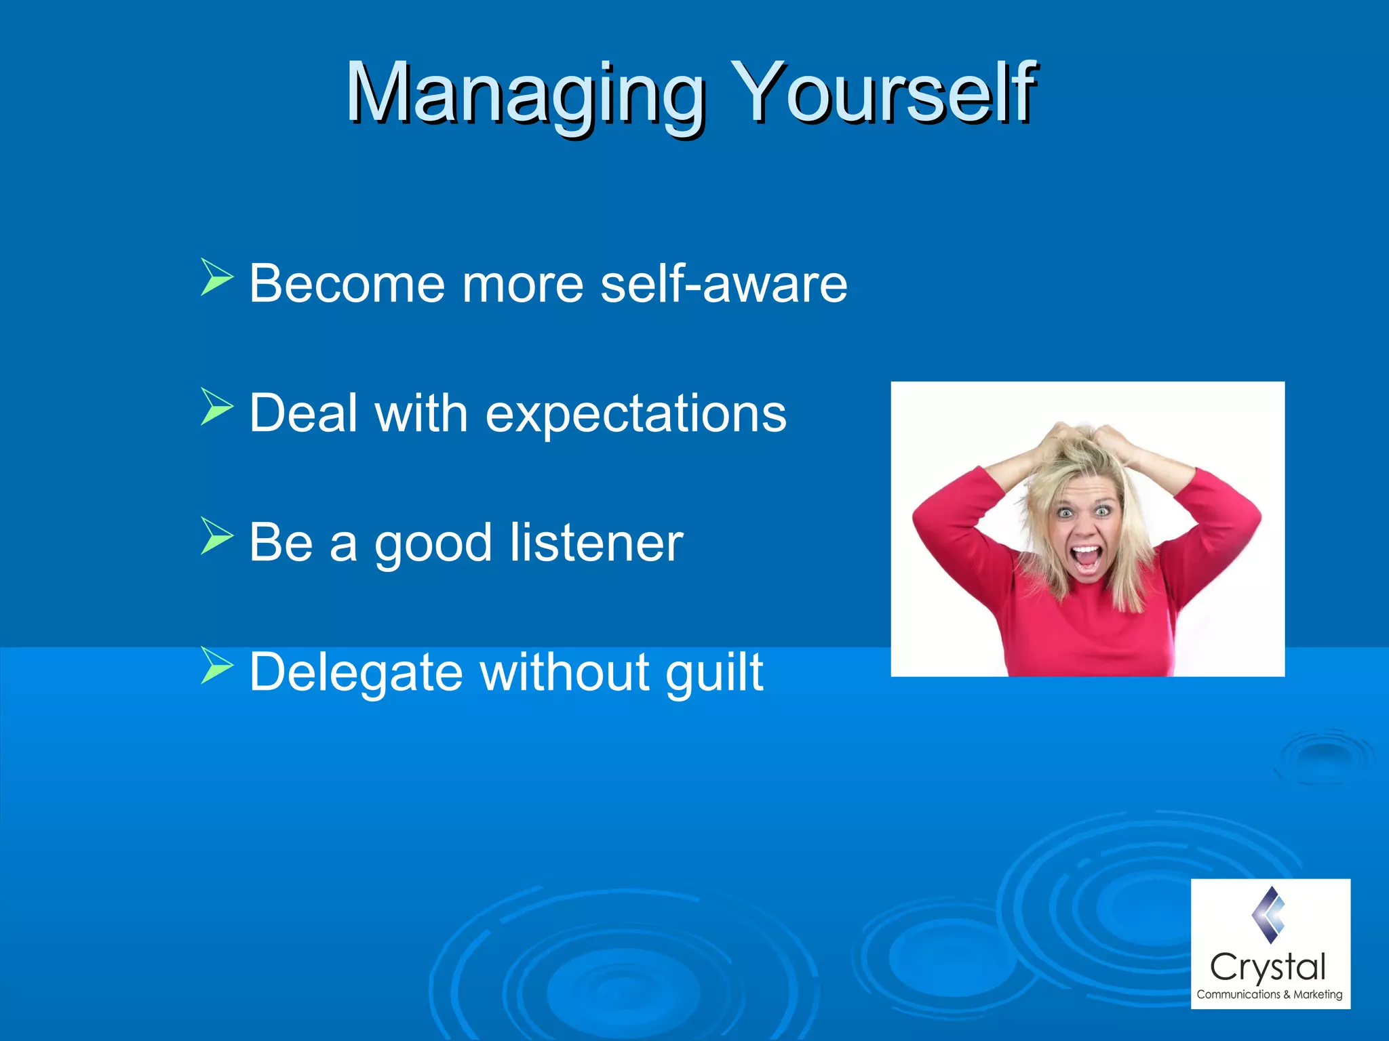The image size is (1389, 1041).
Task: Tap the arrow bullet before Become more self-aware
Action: coord(216,277)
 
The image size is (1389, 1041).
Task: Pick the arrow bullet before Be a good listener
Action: coord(216,536)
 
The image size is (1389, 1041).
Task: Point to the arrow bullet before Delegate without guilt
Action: coord(216,666)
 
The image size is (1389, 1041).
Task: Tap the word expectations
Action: coord(635,413)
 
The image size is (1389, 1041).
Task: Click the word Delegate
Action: coord(356,672)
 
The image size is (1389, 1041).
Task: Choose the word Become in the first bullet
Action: coord(347,283)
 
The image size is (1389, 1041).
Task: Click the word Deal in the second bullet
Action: coord(303,413)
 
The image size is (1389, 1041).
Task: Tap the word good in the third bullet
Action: coord(433,544)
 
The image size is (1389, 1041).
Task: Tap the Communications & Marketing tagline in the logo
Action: coord(1269,994)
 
